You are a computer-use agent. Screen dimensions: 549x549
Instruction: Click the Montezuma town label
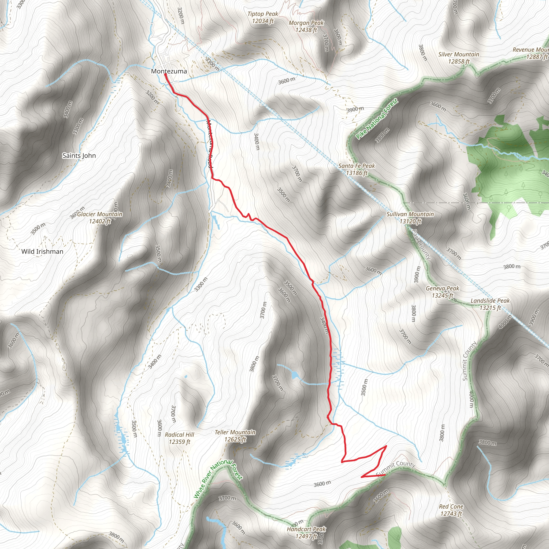169,71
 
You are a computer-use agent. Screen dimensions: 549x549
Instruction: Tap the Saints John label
79,156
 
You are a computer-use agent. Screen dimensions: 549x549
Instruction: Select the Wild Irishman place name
42,251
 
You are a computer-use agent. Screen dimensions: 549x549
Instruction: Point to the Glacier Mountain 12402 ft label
100,218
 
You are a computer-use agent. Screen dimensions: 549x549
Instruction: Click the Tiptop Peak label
263,17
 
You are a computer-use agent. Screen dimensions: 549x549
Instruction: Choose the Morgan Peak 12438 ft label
306,27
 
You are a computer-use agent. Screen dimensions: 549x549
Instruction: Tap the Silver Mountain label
459,58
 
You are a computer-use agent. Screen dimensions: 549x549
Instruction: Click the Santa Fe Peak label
357,169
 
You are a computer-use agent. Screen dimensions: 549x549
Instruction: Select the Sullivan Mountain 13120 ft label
410,218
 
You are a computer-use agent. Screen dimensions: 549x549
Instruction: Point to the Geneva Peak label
442,292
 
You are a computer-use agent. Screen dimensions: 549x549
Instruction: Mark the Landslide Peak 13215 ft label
490,304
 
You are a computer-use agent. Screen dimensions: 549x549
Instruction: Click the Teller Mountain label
235,436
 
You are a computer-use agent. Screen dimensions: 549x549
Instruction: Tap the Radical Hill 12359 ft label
180,438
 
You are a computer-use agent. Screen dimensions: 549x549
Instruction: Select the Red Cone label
451,510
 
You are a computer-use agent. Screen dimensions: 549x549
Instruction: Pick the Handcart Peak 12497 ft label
306,533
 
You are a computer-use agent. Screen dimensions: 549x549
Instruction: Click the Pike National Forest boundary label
377,119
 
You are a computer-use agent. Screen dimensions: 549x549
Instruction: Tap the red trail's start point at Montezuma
165,75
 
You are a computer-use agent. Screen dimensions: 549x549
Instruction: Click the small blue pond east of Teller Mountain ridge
295,375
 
